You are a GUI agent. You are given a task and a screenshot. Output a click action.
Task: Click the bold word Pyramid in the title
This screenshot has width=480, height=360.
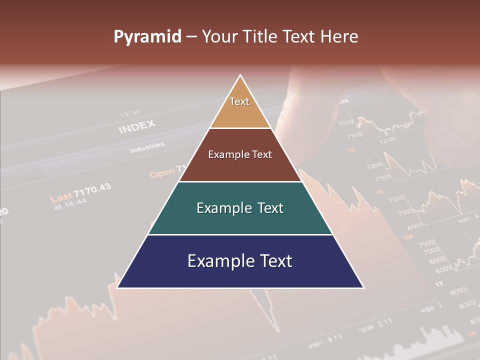click(x=147, y=37)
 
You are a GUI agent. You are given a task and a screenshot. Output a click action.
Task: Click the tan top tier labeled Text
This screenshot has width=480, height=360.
click(x=239, y=107)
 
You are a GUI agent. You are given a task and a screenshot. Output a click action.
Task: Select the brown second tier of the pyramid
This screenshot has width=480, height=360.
click(x=240, y=155)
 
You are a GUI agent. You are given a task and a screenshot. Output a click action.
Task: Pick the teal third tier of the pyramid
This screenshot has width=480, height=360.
click(x=240, y=208)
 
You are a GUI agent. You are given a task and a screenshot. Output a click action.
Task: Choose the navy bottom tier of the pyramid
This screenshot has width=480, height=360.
click(x=240, y=261)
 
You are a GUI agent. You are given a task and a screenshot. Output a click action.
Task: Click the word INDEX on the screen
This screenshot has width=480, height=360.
click(x=137, y=127)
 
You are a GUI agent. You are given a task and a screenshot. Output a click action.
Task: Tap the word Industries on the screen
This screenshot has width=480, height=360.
click(x=147, y=148)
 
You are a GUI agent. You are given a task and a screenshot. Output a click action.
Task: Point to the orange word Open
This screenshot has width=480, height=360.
click(x=162, y=172)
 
